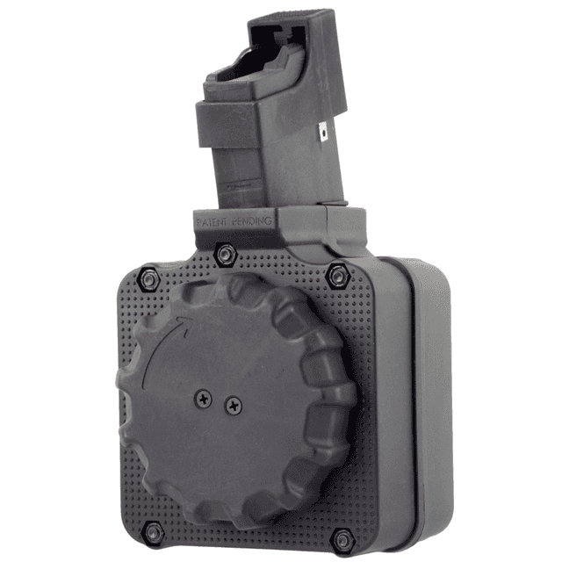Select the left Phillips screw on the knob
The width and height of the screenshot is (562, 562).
tap(205, 398)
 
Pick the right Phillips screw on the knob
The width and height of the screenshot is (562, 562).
tap(233, 405)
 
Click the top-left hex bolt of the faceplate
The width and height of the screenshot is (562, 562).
tap(148, 278)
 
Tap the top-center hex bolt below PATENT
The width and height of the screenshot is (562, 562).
tap(225, 254)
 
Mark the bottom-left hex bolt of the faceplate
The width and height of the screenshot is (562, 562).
tap(153, 530)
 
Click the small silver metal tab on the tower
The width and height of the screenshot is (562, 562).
tap(324, 132)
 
